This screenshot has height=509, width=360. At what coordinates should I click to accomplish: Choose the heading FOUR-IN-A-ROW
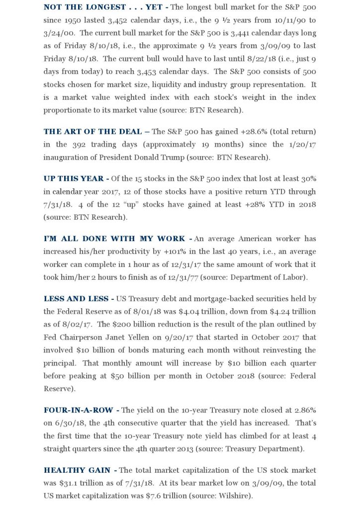point(81,410)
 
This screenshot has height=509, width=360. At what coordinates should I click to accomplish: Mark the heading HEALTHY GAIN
point(80,470)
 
